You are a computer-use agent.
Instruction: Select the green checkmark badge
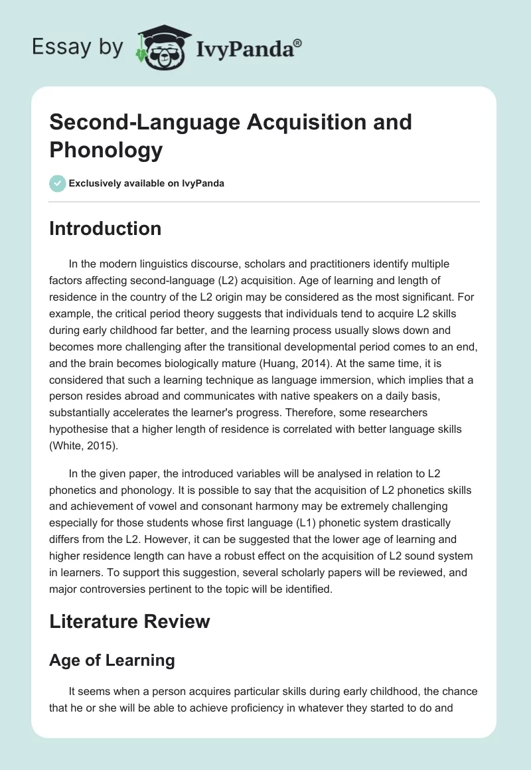(58, 183)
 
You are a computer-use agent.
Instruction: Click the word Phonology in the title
(106, 150)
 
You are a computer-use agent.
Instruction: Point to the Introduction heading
(106, 228)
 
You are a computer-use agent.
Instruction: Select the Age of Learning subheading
(112, 660)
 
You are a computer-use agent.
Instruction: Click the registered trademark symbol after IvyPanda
(298, 42)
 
